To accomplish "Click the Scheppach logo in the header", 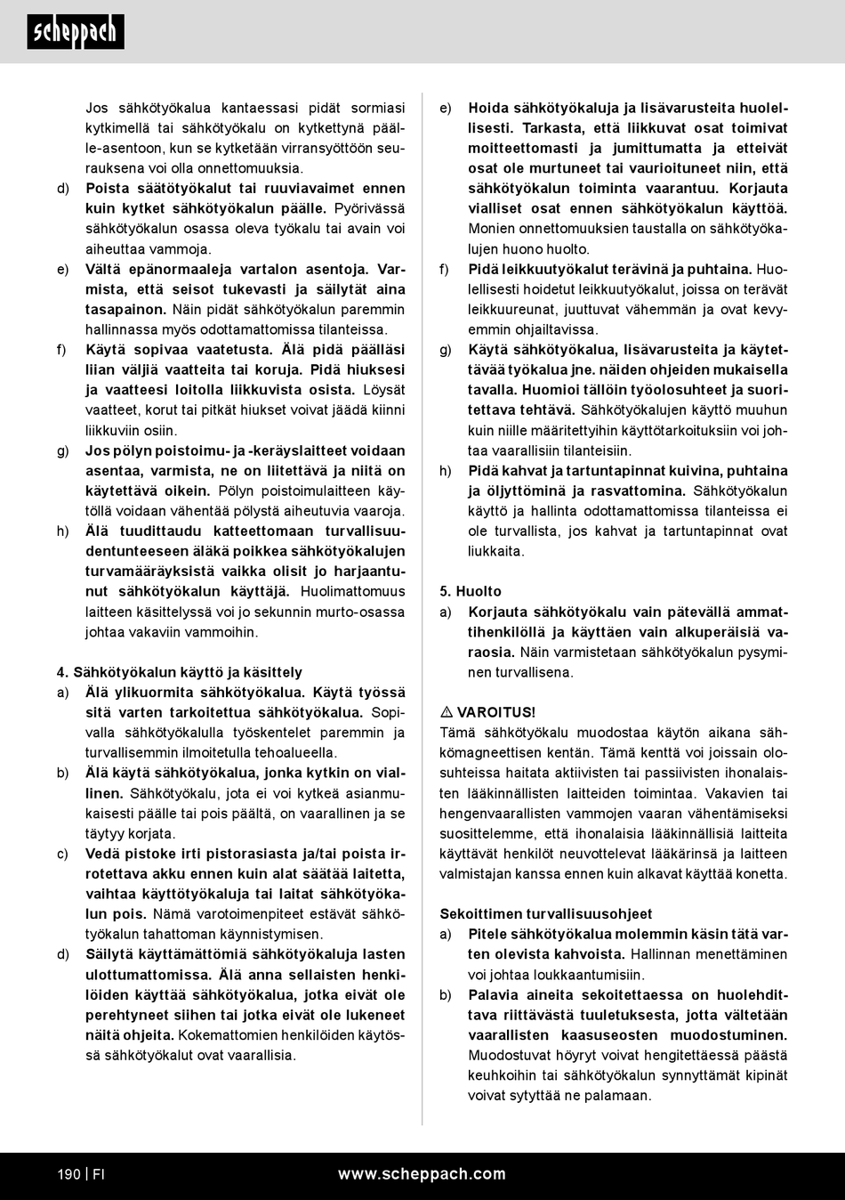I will [x=76, y=32].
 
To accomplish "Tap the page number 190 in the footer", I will [x=68, y=1174].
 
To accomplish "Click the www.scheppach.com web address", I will [x=422, y=1174].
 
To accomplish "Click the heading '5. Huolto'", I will [x=471, y=591].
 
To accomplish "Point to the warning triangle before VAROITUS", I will [x=447, y=712].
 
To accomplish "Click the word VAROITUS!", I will [x=496, y=712].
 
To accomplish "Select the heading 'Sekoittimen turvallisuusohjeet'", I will [x=546, y=913].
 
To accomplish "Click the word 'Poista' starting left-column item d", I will [x=107, y=188].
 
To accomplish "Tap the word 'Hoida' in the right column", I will [x=488, y=108].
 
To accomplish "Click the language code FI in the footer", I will [x=99, y=1174].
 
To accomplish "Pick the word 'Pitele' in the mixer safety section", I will [x=488, y=934].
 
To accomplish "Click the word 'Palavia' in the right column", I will [x=494, y=994].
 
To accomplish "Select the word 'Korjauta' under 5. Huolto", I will [x=499, y=612].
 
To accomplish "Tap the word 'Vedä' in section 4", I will [x=102, y=853].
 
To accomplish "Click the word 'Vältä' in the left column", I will [x=104, y=269].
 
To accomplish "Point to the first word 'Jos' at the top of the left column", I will [x=97, y=108].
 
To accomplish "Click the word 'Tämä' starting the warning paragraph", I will [x=457, y=733].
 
